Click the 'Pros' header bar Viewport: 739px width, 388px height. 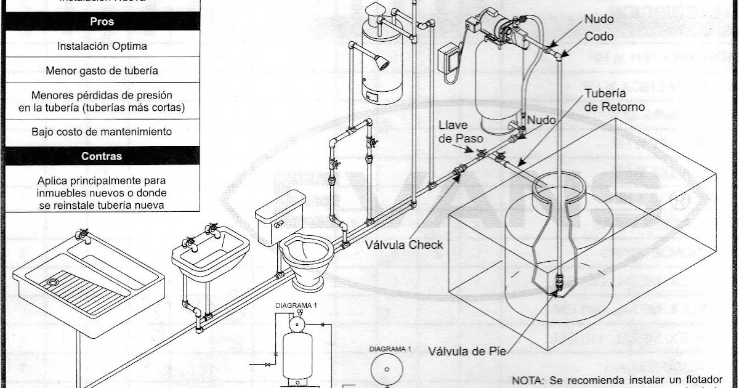[102, 21]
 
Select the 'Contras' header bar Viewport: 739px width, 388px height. [102, 156]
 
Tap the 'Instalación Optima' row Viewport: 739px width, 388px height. [102, 46]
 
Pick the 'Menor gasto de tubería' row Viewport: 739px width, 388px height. [102, 71]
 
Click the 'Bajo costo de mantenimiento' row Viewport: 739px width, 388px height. [102, 132]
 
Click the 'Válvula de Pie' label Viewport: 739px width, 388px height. [467, 352]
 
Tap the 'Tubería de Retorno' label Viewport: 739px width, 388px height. [613, 100]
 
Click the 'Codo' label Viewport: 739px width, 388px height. [599, 36]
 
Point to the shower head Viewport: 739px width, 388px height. [382, 62]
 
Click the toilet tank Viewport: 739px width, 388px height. [280, 216]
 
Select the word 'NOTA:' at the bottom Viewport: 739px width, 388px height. [527, 380]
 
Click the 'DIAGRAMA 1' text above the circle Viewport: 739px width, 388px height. [389, 349]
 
